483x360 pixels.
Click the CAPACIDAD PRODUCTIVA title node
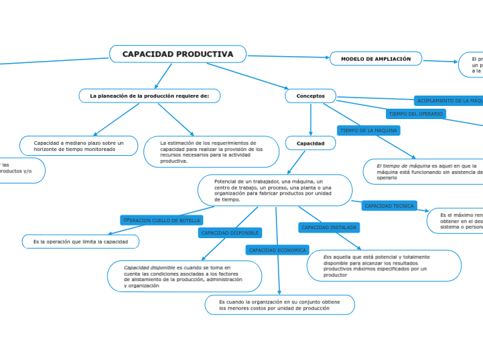(177, 54)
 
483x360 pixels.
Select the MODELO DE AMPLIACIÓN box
(376, 60)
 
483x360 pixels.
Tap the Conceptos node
(310, 96)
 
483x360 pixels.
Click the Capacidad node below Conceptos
(310, 143)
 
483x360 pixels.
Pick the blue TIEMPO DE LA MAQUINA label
(368, 130)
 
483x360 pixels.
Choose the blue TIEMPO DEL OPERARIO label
(416, 114)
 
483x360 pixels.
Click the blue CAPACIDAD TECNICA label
(389, 206)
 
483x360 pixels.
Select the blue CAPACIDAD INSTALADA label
(329, 227)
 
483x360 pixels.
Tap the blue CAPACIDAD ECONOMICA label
(277, 250)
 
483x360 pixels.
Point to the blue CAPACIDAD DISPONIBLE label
(229, 233)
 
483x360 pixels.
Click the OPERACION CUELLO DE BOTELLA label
(161, 220)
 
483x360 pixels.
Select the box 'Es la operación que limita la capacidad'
(81, 242)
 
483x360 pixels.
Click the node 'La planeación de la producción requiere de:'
(149, 96)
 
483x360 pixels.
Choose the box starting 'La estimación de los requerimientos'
(211, 152)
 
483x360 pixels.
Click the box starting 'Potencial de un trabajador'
(274, 190)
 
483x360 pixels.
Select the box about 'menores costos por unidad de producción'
(279, 305)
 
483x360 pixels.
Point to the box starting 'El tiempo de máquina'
(423, 172)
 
